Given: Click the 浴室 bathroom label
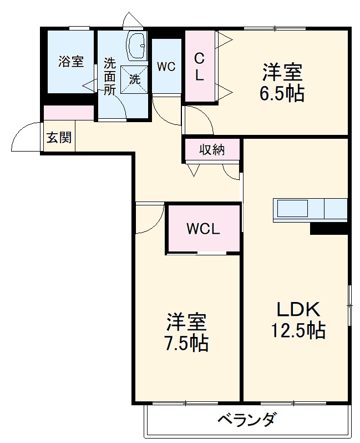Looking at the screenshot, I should [x=71, y=61].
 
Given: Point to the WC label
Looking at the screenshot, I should [x=166, y=67].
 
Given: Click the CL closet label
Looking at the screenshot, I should [x=199, y=67].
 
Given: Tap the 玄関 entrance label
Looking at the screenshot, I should [x=58, y=137].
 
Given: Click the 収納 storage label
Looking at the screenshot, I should [x=212, y=149].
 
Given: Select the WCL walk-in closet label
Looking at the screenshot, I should [x=203, y=228].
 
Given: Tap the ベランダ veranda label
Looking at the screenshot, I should [x=246, y=419].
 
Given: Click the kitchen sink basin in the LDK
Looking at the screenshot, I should [x=292, y=209].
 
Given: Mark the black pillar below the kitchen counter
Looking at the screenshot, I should [x=328, y=228].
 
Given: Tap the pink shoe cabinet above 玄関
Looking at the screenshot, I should [x=69, y=112].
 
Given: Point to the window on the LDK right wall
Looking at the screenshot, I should [x=349, y=303].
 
